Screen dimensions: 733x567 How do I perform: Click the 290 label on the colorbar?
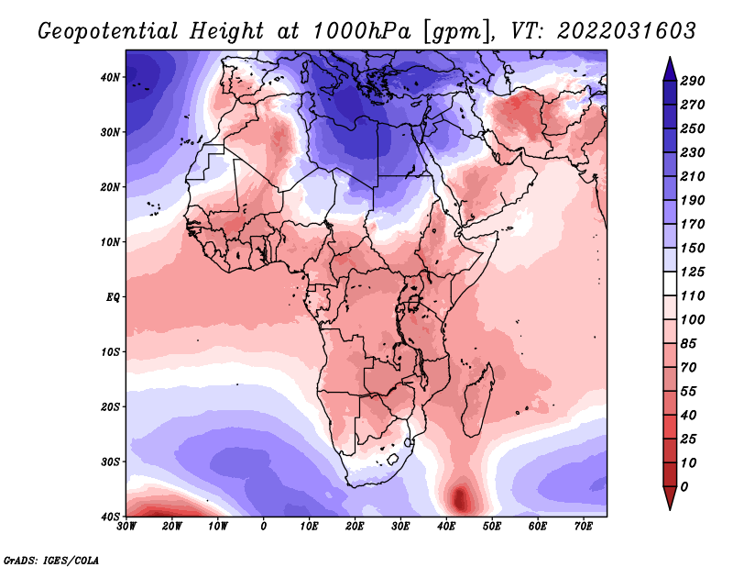coord(692,81)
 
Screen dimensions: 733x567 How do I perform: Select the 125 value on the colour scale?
coord(692,272)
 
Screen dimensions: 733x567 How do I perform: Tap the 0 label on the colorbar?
coord(684,487)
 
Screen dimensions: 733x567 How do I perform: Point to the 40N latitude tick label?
coord(110,77)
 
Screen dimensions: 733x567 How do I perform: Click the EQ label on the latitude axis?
coord(113,297)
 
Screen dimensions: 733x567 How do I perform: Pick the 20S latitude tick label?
coord(110,406)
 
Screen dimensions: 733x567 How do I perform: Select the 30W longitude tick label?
coord(126,527)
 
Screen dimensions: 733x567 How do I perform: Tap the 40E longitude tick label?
coord(446,527)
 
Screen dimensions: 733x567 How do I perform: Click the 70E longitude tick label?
coord(584,527)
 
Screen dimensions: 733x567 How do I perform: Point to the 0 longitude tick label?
coord(264,527)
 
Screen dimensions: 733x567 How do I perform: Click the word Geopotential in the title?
coord(108,32)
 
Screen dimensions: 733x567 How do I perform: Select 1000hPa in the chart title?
coord(362,31)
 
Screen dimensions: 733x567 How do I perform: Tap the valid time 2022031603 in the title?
coord(627,31)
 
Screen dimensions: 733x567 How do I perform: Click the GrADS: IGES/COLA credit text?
coord(51,561)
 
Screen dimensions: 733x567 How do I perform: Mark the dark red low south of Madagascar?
coord(460,498)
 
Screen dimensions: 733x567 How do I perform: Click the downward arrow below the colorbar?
coord(670,498)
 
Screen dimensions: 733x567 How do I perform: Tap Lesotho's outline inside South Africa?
coord(392,459)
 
